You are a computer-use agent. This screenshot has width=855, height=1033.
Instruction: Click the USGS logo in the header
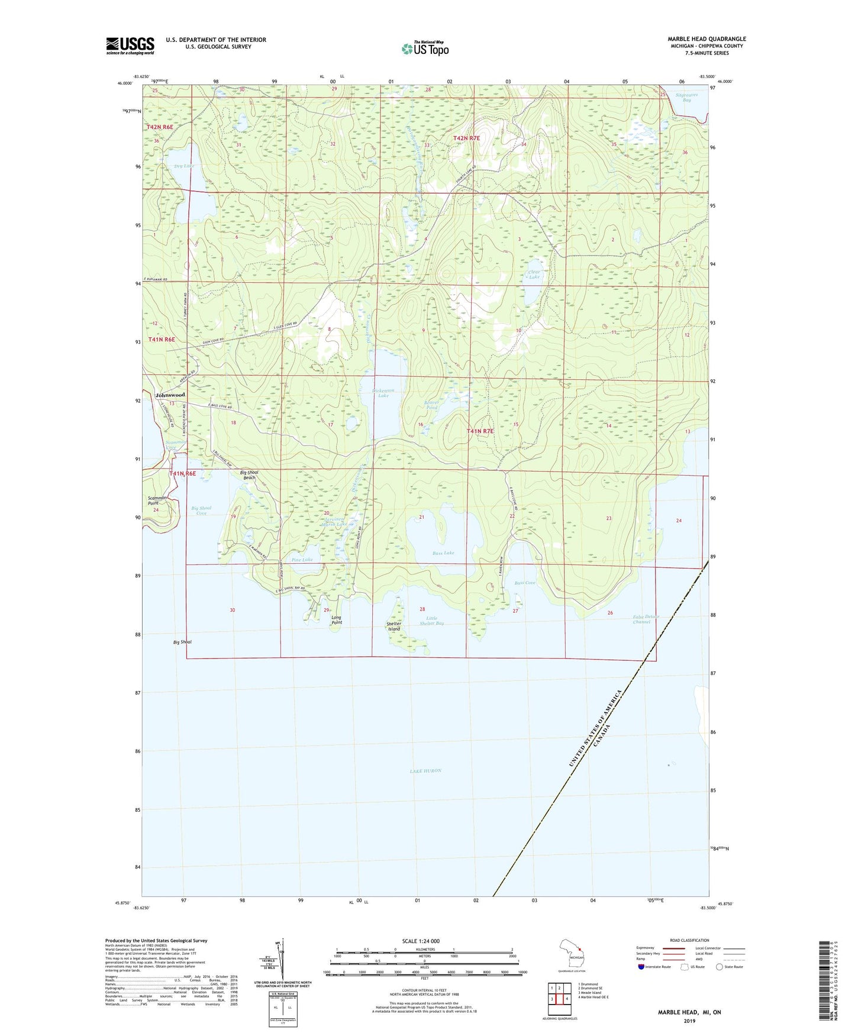[x=130, y=46]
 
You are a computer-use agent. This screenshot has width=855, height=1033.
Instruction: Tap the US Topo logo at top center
[x=424, y=49]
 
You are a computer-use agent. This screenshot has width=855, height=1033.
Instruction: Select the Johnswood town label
[x=170, y=395]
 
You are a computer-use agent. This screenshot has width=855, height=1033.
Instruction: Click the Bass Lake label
[x=443, y=553]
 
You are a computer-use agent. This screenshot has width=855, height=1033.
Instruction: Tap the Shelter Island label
[x=394, y=626]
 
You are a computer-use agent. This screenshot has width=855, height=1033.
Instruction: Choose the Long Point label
[x=337, y=620]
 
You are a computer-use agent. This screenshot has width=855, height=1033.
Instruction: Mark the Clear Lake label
[x=534, y=275]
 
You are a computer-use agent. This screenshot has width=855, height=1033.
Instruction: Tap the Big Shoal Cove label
[x=201, y=511]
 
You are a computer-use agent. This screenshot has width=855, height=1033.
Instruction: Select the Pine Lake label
[x=302, y=560]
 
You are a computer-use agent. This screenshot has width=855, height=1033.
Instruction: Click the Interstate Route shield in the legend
[x=641, y=967]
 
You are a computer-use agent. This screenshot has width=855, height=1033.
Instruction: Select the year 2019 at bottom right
[x=689, y=1021]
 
